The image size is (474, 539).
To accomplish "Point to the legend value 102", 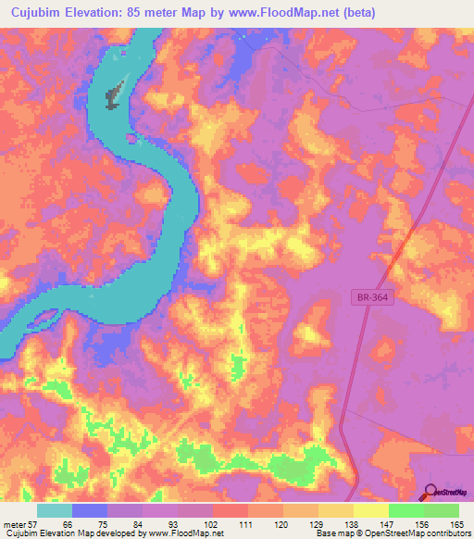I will coord(214,523).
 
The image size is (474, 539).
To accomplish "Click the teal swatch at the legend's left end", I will coord(55,510).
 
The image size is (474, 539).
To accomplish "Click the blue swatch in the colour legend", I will coord(90,510).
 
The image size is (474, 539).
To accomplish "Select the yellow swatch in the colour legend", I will coord(371,510).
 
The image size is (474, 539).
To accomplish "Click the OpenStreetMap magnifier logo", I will coord(432,492).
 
